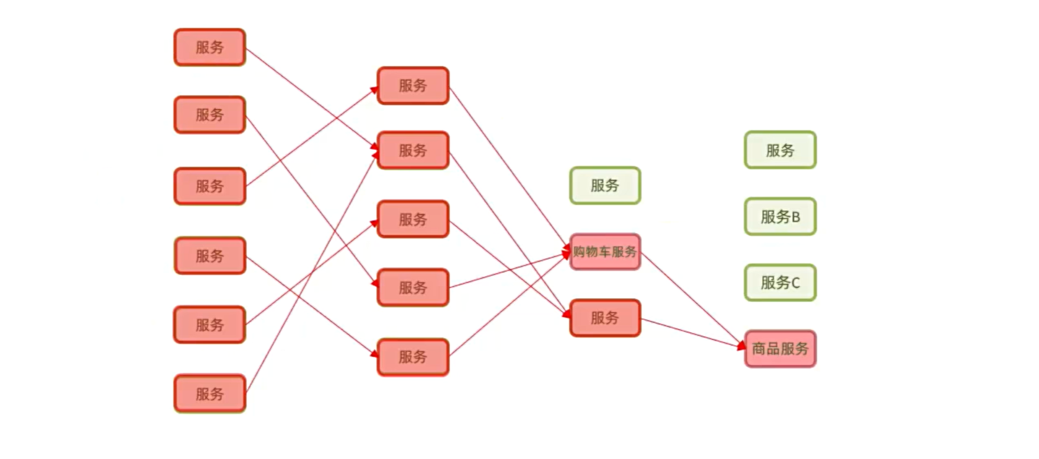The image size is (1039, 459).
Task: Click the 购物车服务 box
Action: point(604,251)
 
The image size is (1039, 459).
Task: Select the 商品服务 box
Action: point(780,349)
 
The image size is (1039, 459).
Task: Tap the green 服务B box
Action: point(780,217)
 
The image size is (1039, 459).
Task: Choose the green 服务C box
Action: point(780,283)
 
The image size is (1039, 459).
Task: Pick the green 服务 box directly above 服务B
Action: point(780,150)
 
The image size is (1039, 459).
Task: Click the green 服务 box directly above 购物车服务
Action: point(604,185)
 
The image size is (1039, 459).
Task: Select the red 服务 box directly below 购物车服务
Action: point(604,318)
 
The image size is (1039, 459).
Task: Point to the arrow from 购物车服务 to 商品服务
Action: point(691,299)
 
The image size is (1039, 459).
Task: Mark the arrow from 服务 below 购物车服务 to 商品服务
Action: point(691,333)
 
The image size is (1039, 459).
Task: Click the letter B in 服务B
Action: point(796,217)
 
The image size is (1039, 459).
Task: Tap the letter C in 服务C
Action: point(796,283)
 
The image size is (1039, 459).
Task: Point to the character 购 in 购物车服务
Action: point(579,251)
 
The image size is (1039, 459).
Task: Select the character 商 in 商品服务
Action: point(759,349)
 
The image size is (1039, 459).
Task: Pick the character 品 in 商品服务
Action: point(773,349)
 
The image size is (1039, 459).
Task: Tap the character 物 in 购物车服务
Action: point(592,251)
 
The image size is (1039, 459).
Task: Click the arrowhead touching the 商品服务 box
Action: point(741,345)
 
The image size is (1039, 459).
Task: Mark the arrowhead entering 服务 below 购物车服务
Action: point(566,313)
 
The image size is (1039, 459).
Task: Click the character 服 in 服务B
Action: point(767,217)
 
